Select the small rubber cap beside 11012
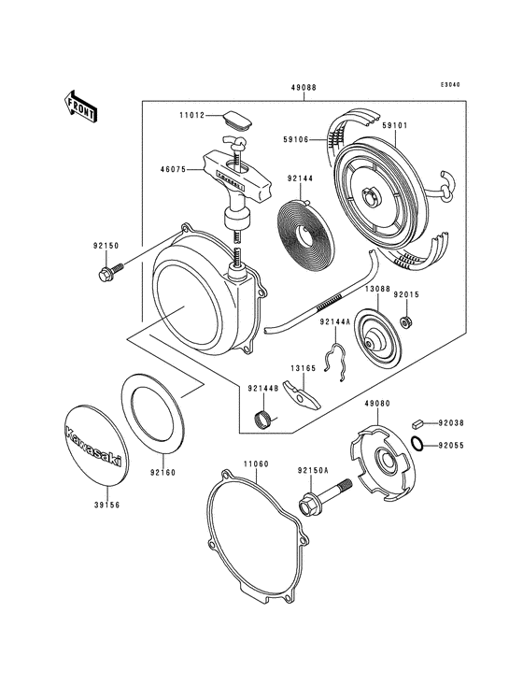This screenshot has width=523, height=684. point(236,121)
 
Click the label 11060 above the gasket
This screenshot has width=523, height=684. point(258,463)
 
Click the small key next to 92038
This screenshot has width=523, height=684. point(419,423)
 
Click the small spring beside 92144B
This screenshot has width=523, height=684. point(264,417)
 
